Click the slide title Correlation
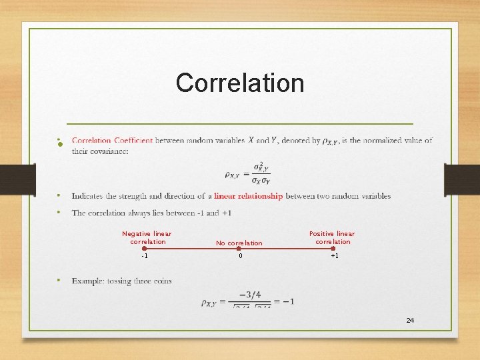[240, 83]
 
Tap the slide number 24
[410, 321]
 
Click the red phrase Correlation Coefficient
[112, 141]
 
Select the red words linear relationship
[248, 196]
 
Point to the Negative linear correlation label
[147, 237]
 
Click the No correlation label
[239, 243]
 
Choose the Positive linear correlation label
[332, 237]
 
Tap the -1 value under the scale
[145, 256]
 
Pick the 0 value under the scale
[239, 256]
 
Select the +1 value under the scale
[334, 256]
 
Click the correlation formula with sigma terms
[247, 171]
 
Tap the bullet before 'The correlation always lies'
[59, 213]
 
